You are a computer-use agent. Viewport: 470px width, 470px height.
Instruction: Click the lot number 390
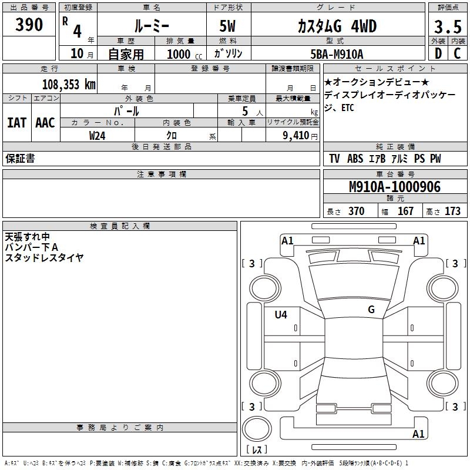click(x=29, y=25)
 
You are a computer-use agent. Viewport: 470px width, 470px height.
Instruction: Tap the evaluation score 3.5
click(x=448, y=27)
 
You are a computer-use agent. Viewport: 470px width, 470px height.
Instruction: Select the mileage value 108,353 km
click(x=69, y=85)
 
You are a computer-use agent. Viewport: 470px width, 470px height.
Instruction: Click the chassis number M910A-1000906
click(x=395, y=187)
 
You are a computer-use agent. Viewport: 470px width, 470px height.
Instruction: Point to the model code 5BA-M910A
click(x=337, y=54)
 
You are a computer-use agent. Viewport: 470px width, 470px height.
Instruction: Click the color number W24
click(x=98, y=136)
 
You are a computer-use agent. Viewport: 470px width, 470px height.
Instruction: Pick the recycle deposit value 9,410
click(x=296, y=136)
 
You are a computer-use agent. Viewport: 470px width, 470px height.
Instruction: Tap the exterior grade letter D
click(x=438, y=53)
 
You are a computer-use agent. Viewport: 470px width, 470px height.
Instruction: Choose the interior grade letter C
click(x=457, y=53)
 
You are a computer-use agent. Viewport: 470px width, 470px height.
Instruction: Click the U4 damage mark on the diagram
click(x=281, y=314)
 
